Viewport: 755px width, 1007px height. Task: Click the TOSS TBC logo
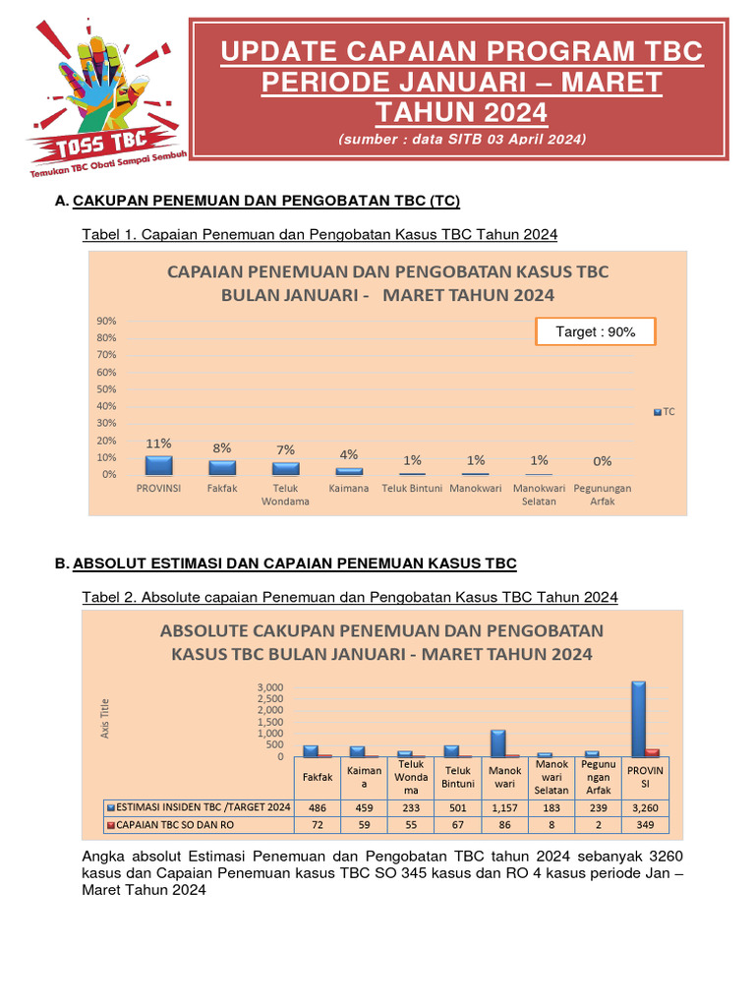(x=98, y=98)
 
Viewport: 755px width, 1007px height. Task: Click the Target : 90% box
(x=595, y=332)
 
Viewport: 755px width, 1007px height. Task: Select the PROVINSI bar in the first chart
(x=158, y=465)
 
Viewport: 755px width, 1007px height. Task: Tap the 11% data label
(x=158, y=444)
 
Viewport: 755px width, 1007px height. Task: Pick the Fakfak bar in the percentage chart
(x=222, y=468)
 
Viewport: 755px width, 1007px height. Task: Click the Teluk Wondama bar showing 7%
(x=285, y=469)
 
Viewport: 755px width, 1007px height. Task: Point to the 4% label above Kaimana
(x=349, y=454)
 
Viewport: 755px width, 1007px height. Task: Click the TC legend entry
(x=664, y=413)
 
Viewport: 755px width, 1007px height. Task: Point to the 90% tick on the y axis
(x=105, y=321)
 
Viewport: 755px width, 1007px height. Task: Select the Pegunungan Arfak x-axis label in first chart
(x=603, y=495)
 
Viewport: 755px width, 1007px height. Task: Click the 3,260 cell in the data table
(x=646, y=806)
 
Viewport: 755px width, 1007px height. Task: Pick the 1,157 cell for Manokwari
(x=504, y=806)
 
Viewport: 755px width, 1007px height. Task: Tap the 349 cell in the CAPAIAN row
(x=646, y=824)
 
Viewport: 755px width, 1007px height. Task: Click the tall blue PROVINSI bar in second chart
(x=638, y=719)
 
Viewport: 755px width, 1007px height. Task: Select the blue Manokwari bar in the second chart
(x=498, y=742)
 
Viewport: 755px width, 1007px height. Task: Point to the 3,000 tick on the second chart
(x=270, y=686)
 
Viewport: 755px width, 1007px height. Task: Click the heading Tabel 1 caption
(x=319, y=234)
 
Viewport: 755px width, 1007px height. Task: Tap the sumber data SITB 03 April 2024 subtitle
(x=461, y=140)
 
